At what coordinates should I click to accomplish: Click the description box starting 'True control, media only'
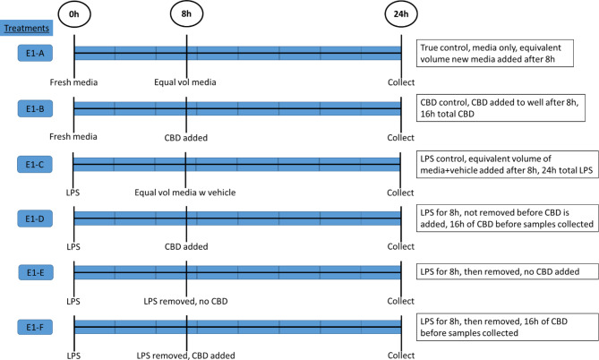coord(506,53)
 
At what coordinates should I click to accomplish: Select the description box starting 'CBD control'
coord(506,108)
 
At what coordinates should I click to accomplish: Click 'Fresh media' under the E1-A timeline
coord(74,82)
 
